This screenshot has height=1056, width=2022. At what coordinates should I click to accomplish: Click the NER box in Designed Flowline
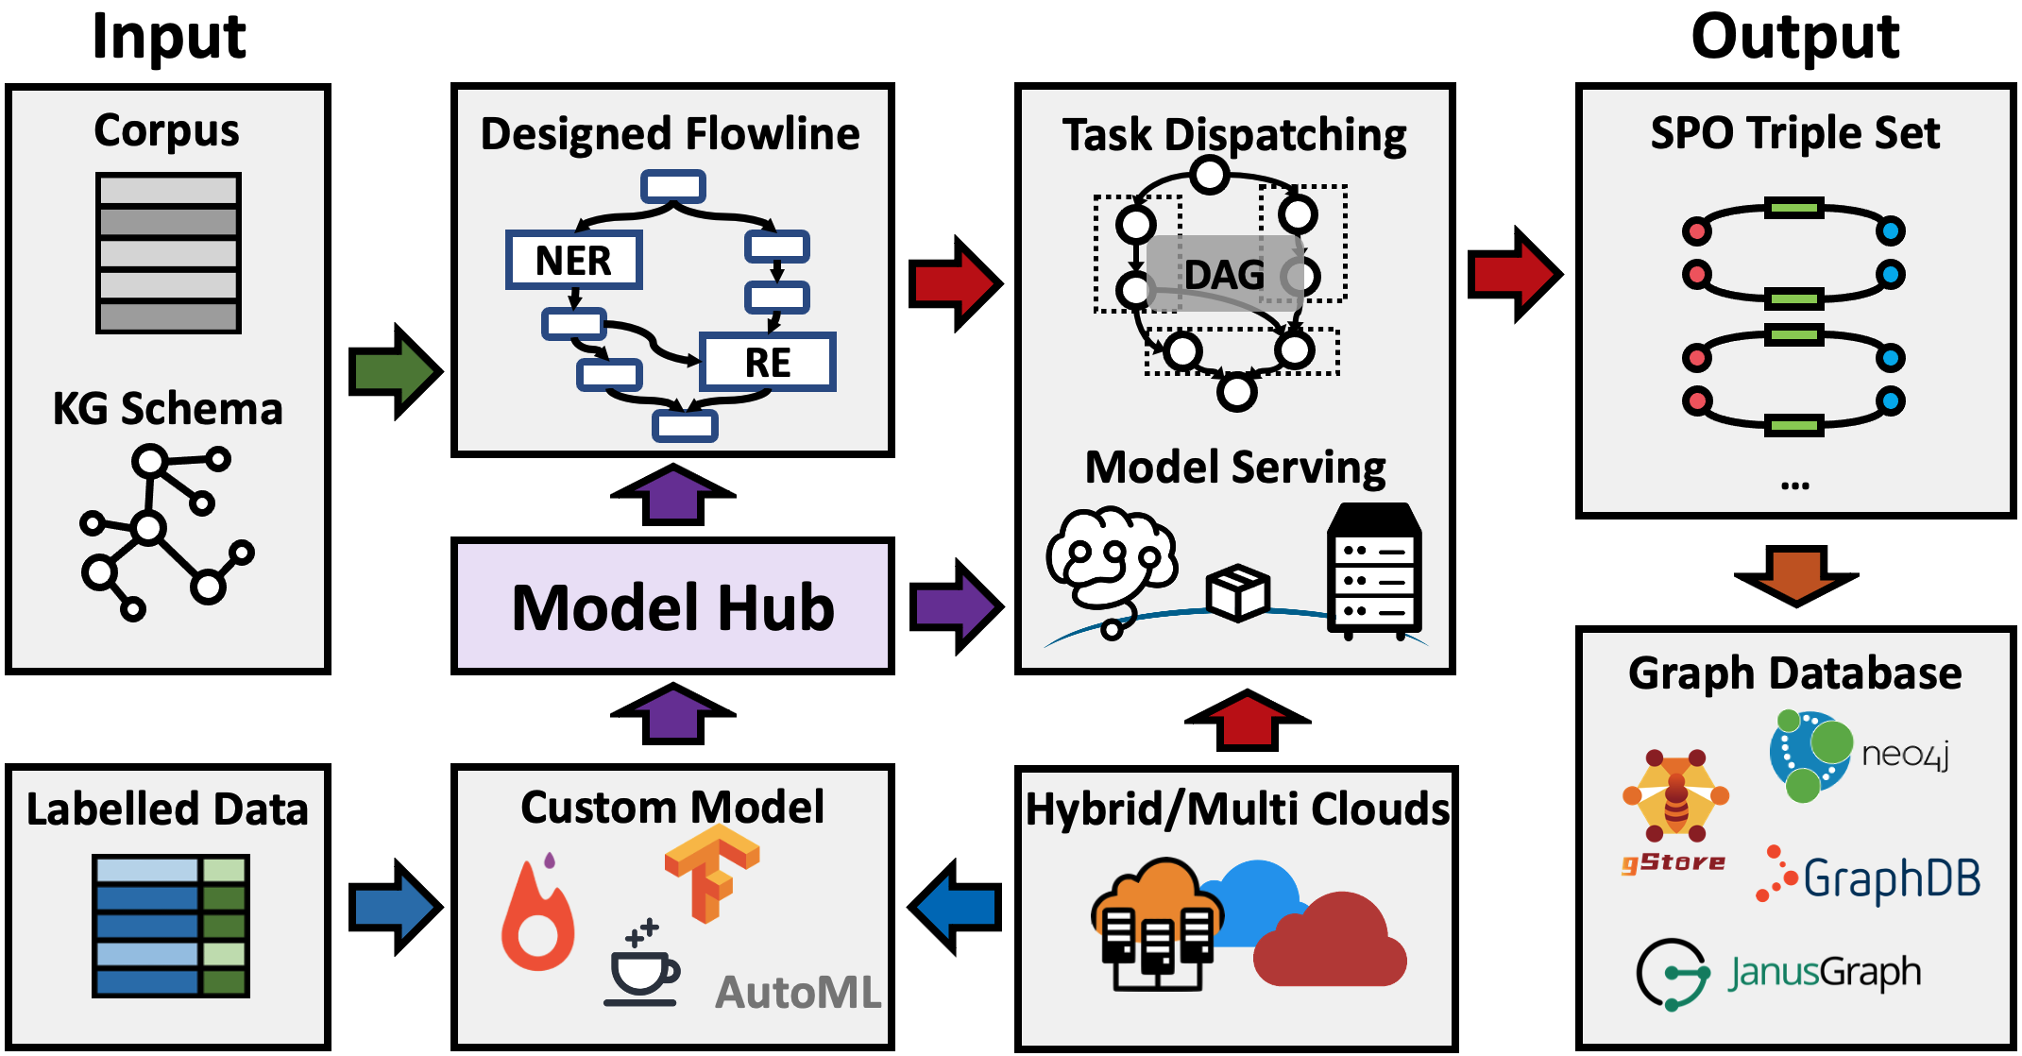coord(574,260)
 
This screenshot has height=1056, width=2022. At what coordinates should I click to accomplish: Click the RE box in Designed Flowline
coord(767,362)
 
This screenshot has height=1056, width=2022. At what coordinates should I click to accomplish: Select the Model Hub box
coord(672,606)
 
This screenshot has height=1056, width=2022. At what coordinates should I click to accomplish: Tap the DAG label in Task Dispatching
coord(1224,275)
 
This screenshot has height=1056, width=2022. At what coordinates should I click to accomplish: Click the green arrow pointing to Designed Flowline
coord(395,371)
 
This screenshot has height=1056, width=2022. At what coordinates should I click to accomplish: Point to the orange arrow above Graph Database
coord(1795,574)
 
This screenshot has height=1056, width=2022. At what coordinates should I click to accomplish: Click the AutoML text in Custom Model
coord(798,993)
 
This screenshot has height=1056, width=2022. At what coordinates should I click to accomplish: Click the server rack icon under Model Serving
coord(1374,571)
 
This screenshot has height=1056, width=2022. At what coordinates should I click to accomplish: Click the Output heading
coord(1794,38)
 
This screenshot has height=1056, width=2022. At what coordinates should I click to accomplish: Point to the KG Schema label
coord(167,409)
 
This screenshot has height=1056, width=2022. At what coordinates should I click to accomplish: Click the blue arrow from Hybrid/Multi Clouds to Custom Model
coord(956,907)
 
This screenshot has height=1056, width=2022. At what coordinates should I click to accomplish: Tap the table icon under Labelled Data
coord(171,926)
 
